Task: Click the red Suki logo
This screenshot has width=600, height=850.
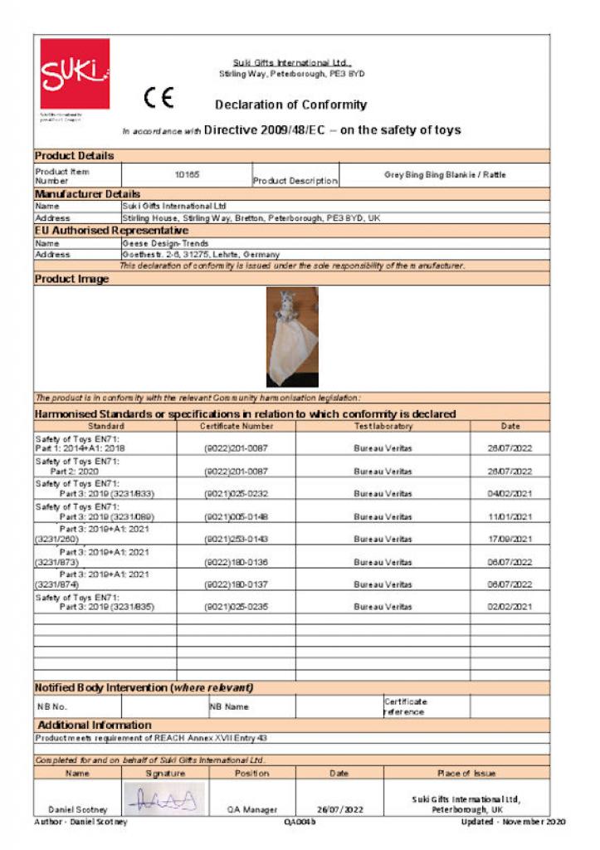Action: point(75,74)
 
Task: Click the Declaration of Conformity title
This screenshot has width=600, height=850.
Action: point(290,105)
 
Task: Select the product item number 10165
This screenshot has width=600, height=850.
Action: point(187,175)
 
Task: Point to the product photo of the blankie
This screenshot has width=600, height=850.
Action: point(291,336)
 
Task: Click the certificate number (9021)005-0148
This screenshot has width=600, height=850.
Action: point(236,516)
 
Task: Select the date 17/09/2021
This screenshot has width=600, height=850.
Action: point(510,539)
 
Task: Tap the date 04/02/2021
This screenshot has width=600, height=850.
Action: point(510,494)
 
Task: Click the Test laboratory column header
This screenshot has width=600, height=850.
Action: point(383,426)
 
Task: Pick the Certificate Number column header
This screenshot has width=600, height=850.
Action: point(236,426)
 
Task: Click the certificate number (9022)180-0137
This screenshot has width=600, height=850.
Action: point(236,584)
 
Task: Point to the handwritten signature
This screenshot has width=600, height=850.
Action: point(165,799)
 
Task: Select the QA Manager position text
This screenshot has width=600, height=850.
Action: point(252,808)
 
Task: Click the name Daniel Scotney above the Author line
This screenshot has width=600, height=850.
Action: point(77,808)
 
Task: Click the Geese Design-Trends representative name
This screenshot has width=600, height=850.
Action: point(165,243)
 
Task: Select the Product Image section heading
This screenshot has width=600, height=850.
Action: point(72,280)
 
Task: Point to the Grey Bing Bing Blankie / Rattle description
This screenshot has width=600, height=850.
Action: point(445,175)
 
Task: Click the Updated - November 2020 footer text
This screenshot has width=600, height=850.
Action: point(513,822)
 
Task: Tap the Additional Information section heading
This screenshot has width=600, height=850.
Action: point(95,725)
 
